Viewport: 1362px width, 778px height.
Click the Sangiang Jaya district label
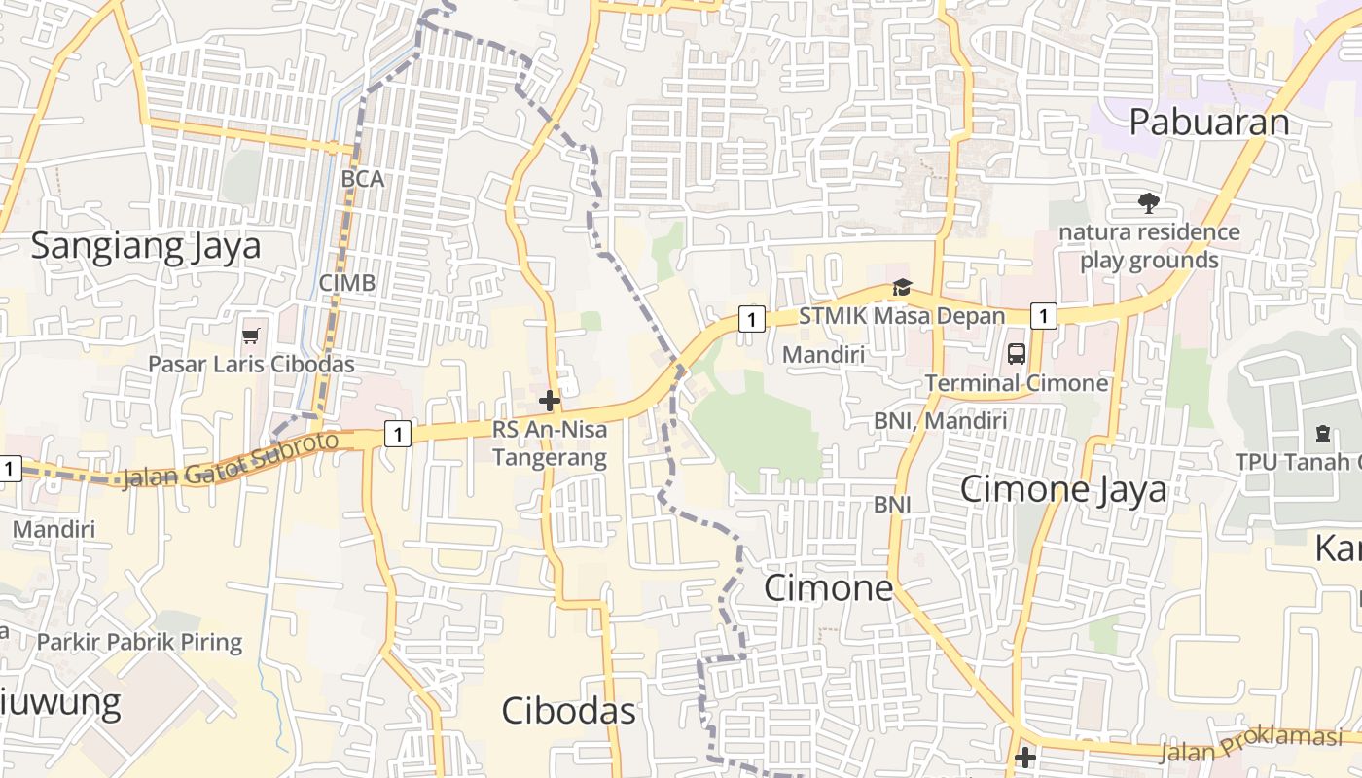146,246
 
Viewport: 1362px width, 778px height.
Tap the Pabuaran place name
1209,123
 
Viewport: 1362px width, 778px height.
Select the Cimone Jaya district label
1063,489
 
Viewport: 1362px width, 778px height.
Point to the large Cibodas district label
568,711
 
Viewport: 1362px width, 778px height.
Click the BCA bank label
363,180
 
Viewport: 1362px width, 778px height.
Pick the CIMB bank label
347,283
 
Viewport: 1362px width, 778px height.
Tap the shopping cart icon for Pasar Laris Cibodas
251,336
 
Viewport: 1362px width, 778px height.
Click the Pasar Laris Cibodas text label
251,365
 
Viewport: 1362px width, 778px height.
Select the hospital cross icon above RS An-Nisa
550,400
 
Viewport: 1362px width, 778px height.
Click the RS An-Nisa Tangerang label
550,442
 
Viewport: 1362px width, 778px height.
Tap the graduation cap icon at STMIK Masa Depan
902,288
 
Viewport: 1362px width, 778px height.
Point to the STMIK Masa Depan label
902,316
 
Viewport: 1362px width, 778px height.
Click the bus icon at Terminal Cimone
1017,354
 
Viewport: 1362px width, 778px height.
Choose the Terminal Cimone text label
1017,383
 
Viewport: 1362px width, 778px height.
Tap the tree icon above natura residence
1149,203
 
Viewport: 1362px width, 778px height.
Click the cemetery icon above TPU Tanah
1322,433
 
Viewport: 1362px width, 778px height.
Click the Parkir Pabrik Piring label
139,642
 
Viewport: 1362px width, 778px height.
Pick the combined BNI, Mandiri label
940,420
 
